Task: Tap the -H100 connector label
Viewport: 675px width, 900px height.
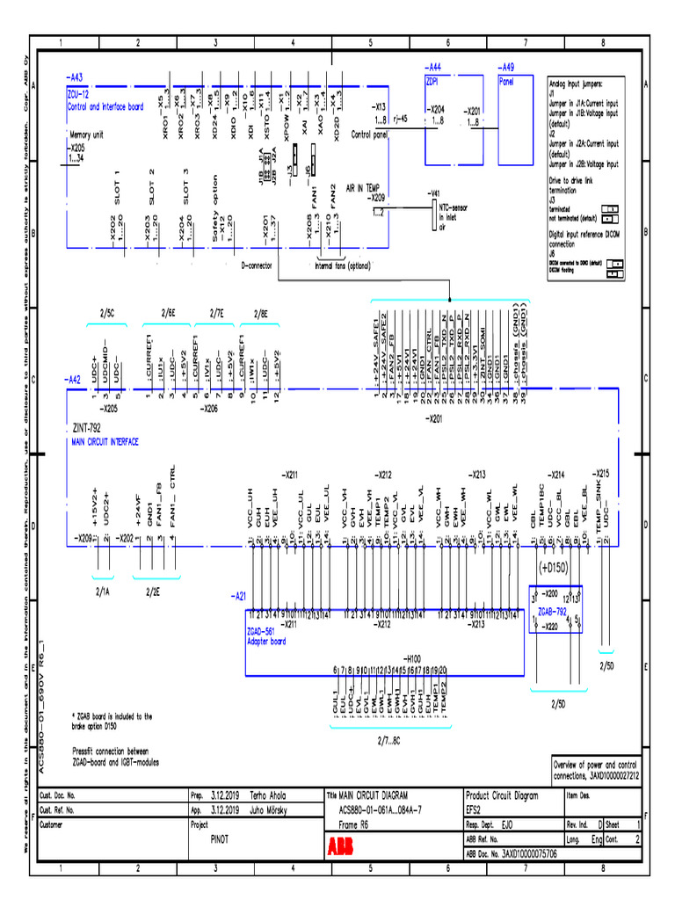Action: (412, 657)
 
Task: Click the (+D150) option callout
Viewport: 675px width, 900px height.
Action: (553, 567)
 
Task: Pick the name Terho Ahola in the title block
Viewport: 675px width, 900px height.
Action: (265, 795)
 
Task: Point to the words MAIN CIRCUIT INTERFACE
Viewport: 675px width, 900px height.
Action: (105, 443)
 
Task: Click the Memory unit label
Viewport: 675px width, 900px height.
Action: (86, 135)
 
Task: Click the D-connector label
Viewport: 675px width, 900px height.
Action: (258, 264)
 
